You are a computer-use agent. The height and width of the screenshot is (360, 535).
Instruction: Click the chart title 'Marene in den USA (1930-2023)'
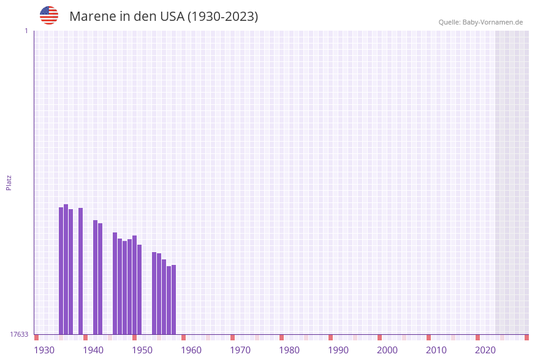pos(164,17)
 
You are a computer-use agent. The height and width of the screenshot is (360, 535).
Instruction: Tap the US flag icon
pos(49,15)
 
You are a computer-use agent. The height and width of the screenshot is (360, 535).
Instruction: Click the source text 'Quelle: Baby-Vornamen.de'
pos(480,22)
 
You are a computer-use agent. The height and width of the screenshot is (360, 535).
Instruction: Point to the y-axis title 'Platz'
pos(9,182)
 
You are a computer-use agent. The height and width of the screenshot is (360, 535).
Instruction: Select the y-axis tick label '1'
pos(26,31)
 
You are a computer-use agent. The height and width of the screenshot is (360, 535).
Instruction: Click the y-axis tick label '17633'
pos(19,334)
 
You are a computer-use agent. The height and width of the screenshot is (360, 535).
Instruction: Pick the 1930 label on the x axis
pos(44,350)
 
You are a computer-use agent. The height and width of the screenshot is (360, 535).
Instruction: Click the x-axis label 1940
pos(93,350)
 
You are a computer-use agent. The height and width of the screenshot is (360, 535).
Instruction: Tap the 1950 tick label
pos(142,350)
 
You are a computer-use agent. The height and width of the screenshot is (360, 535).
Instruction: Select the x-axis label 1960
pos(191,350)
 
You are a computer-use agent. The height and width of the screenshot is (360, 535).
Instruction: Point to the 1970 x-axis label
pos(240,350)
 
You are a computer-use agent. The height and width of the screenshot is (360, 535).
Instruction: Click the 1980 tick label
pos(289,350)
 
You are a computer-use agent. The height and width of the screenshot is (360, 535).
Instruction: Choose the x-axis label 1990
pos(338,350)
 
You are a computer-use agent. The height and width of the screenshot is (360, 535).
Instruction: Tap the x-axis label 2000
pos(387,350)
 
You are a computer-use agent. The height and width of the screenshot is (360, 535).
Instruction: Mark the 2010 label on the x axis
pos(436,350)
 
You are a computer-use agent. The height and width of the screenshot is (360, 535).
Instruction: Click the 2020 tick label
pos(485,350)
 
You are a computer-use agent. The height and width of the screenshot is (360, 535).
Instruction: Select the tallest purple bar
pos(66,270)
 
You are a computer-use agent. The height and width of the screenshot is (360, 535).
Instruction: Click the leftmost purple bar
pos(61,271)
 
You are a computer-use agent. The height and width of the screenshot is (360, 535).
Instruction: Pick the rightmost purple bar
pos(174,300)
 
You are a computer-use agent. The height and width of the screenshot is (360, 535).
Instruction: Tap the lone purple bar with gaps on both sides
pos(81,271)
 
